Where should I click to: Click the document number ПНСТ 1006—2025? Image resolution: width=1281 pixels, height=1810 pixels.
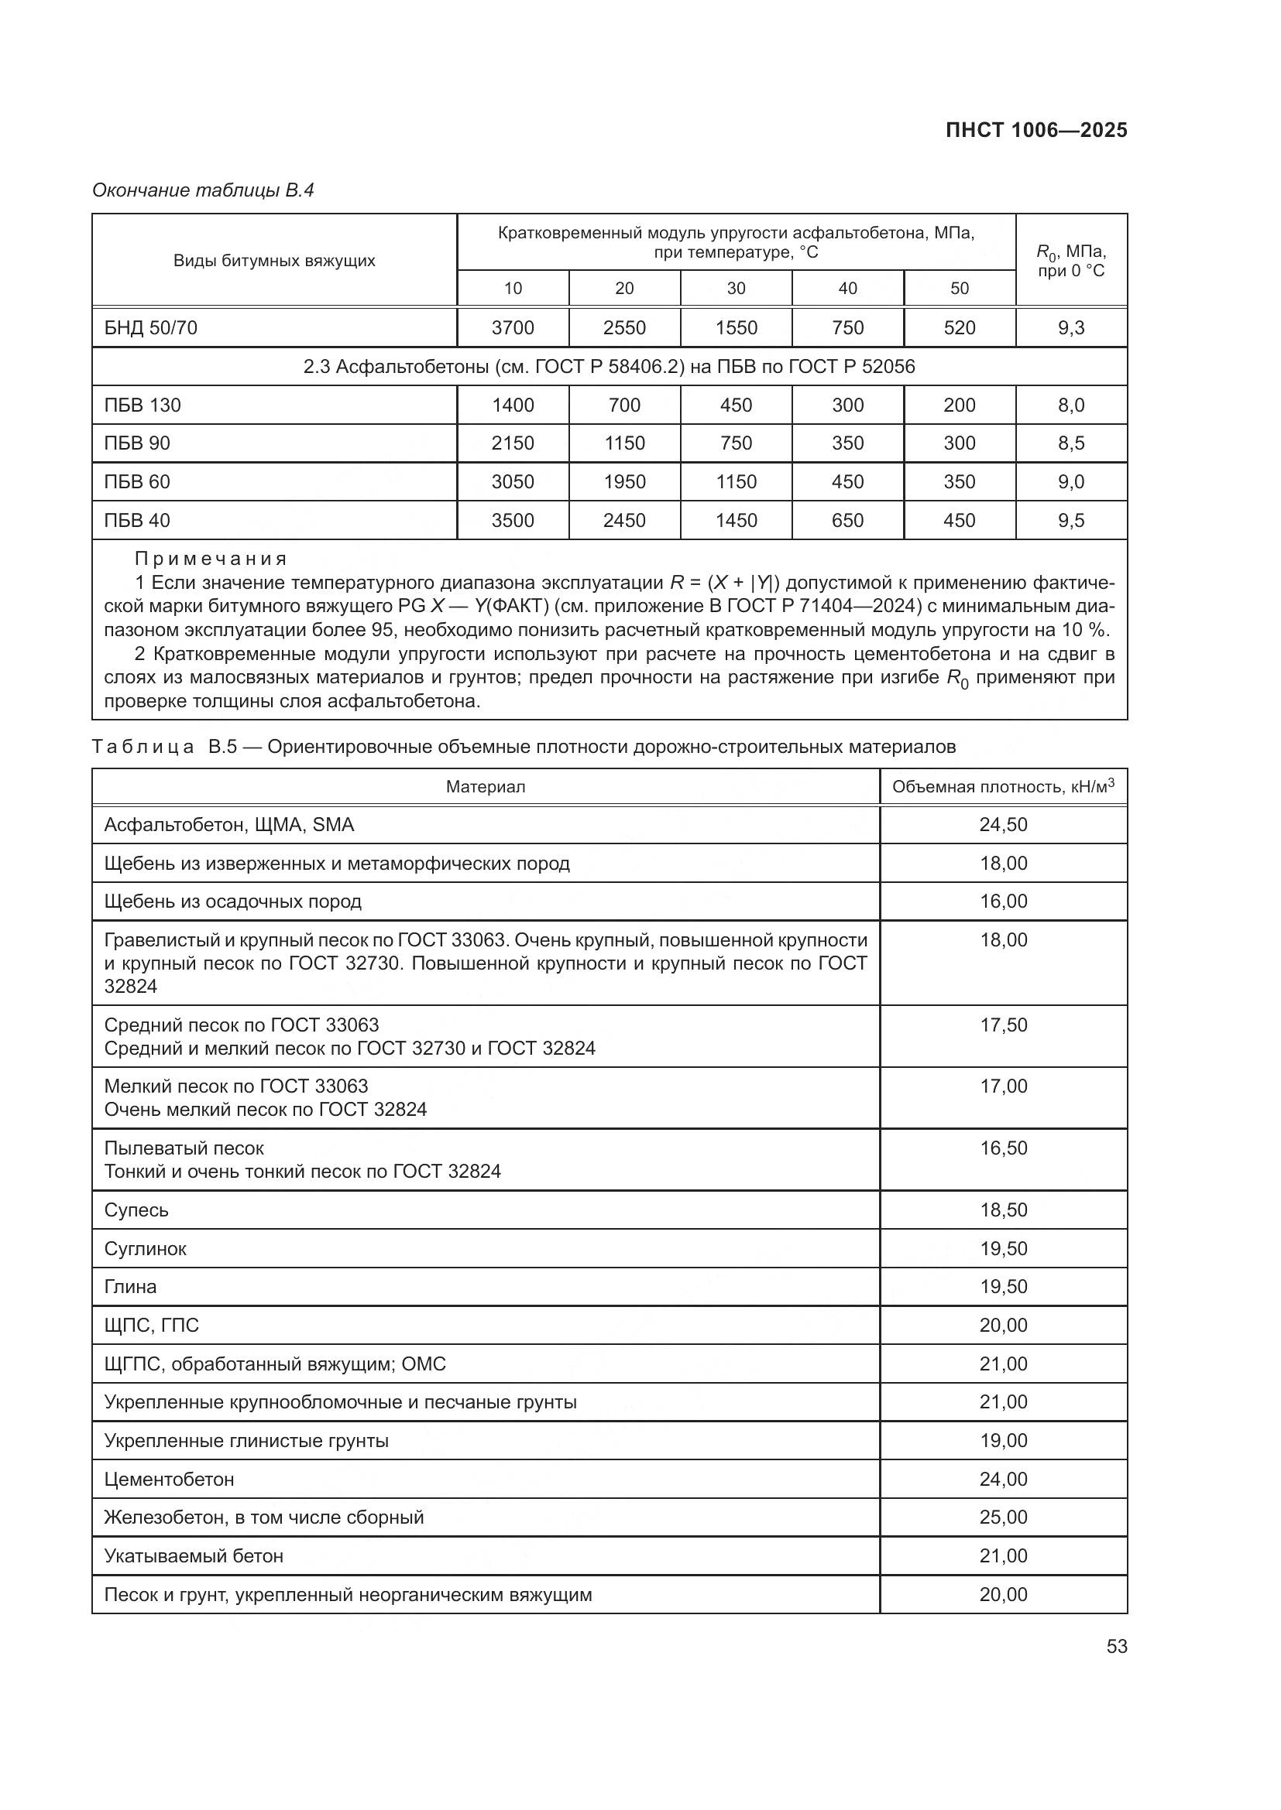pos(1035,131)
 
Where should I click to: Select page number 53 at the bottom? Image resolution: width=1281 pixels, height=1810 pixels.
pos(1116,1647)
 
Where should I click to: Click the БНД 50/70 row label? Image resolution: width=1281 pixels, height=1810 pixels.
pos(151,328)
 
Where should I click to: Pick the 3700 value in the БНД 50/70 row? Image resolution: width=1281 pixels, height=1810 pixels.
pos(513,328)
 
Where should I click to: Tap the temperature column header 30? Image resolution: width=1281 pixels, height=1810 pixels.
pos(736,289)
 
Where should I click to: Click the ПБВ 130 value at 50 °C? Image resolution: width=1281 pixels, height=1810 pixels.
pos(959,405)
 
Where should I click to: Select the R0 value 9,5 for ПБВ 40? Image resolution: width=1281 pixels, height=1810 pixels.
pos(1070,520)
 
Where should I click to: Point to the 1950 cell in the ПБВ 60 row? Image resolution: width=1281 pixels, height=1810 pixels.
pos(624,481)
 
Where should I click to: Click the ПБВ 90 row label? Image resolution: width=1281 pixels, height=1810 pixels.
pos(137,443)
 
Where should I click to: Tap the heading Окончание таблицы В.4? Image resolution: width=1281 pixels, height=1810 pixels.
pos(203,190)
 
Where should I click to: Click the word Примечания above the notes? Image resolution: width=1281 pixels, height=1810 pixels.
pos(211,559)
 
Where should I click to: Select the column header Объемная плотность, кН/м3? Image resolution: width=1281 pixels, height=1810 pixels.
pos(1002,786)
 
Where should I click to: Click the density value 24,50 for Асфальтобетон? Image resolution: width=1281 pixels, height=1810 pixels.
pos(1002,825)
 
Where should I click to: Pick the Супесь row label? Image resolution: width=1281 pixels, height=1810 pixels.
pos(136,1210)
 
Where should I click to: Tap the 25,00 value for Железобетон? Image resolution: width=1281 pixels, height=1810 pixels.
pos(1002,1517)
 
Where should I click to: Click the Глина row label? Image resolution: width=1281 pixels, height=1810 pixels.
pos(131,1287)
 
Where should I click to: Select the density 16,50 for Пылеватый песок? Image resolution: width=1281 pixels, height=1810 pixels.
pos(1002,1148)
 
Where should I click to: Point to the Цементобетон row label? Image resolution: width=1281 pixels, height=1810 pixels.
pos(169,1480)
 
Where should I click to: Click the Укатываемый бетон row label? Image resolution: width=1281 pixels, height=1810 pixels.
pos(194,1556)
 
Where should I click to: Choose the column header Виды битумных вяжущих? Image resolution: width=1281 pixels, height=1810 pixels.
pos(273,261)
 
